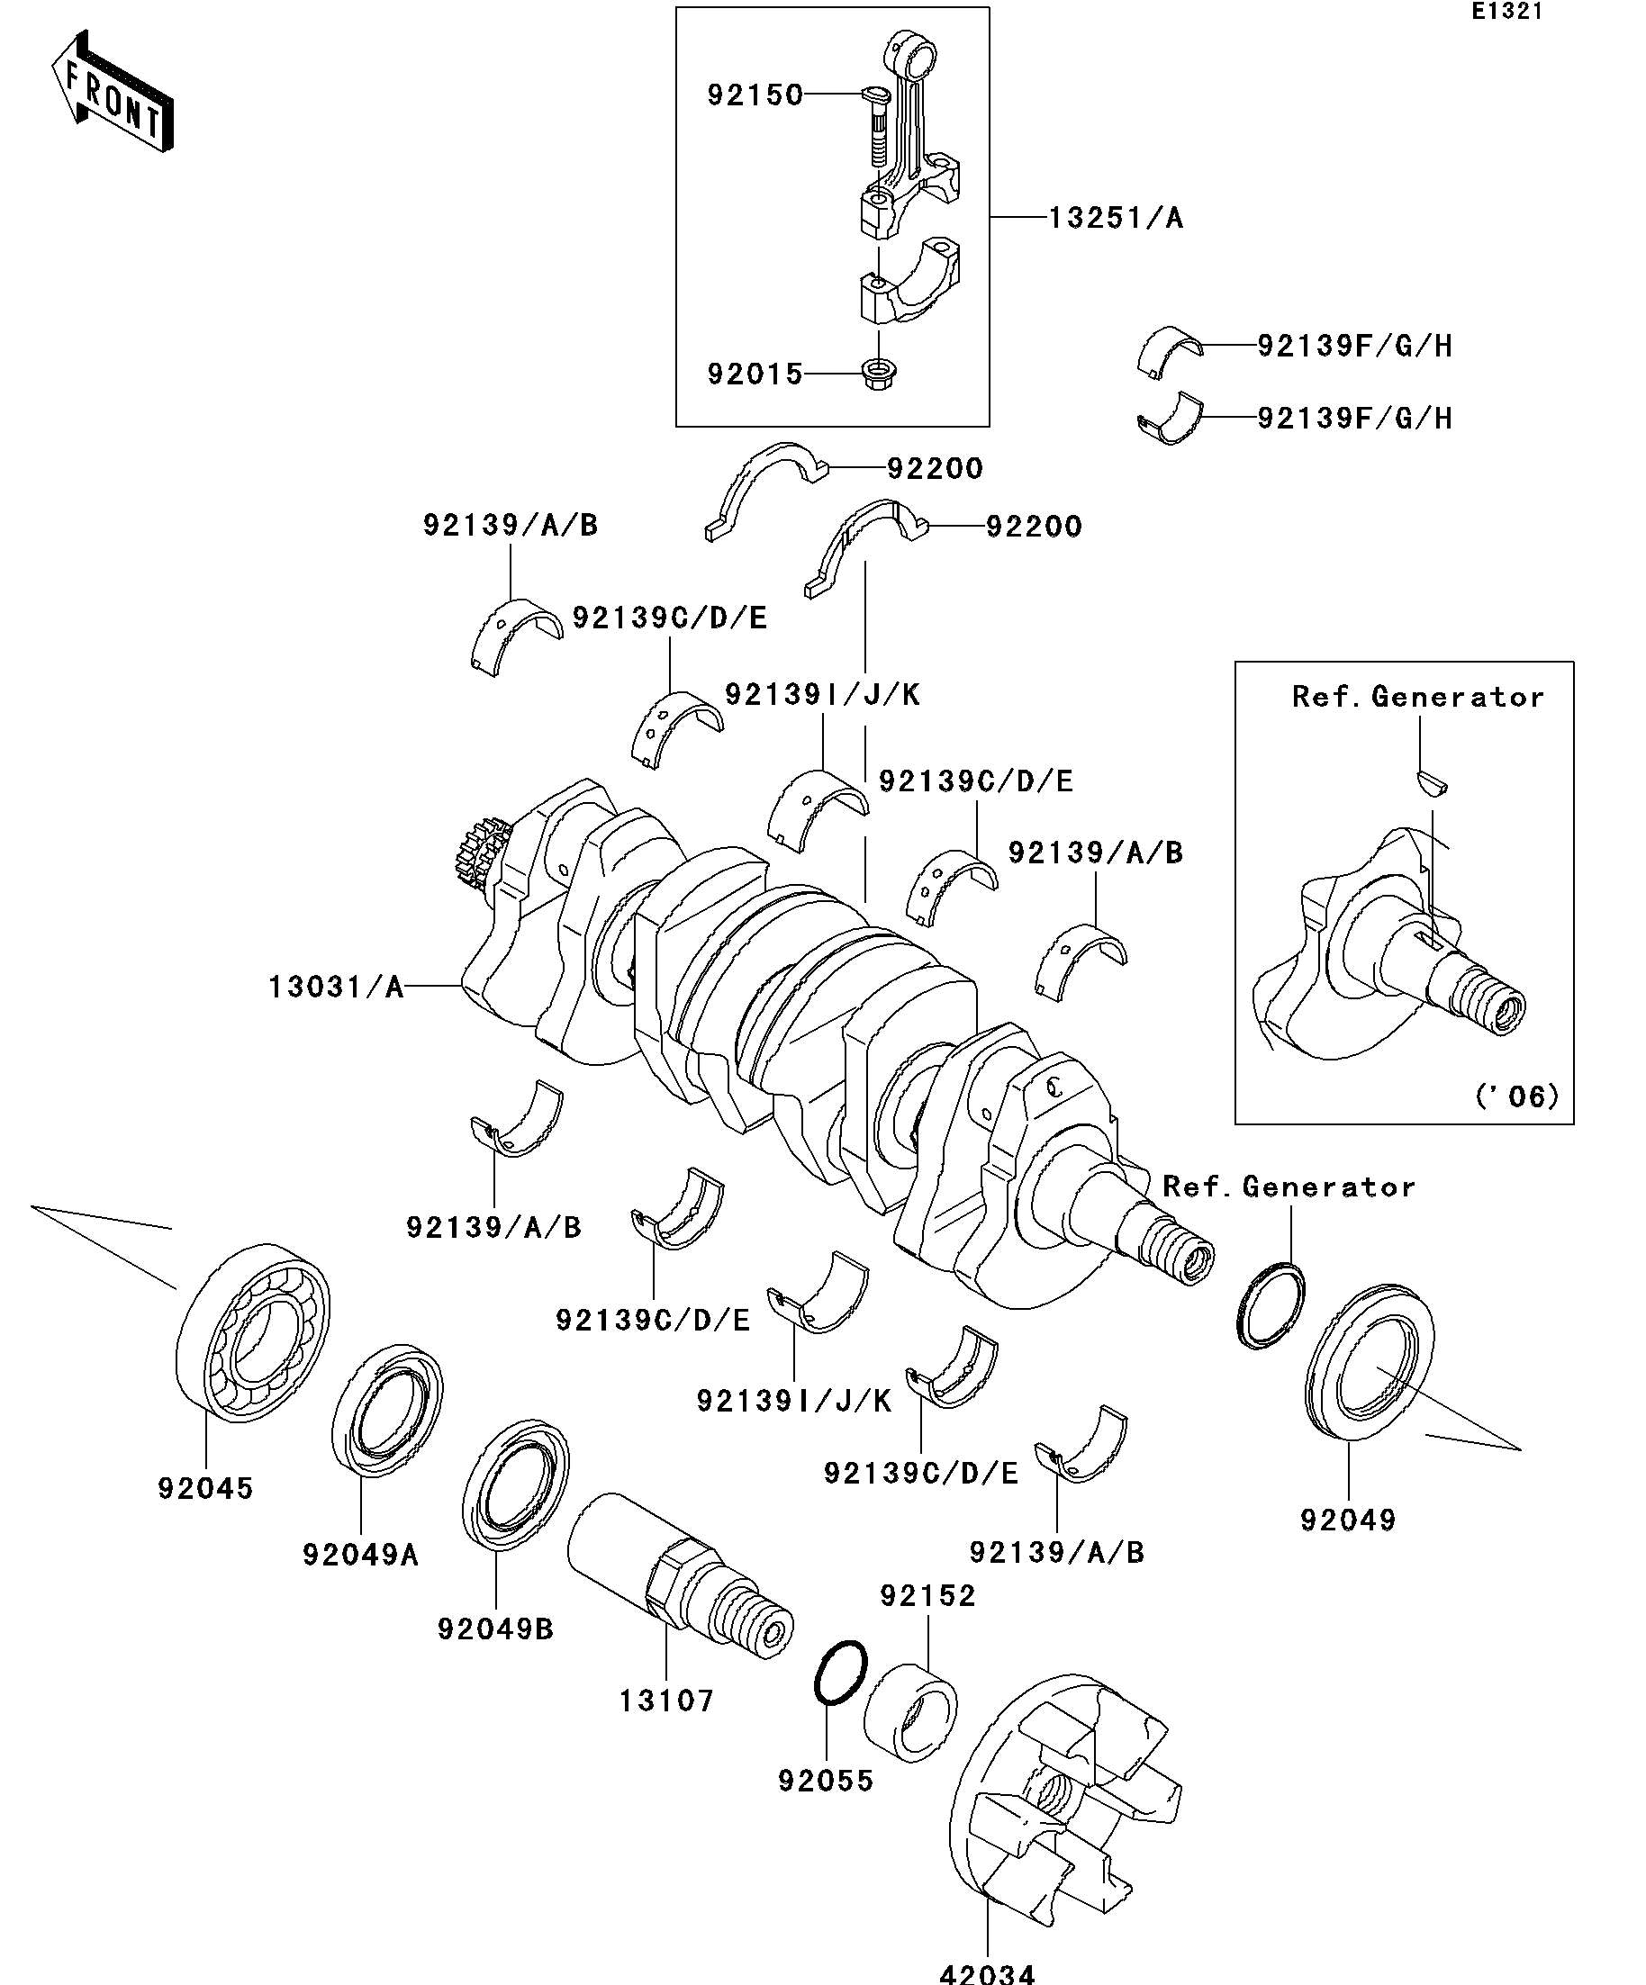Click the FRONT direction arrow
click(x=112, y=92)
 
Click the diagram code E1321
click(x=1507, y=13)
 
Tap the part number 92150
click(x=755, y=95)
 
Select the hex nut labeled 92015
click(x=878, y=374)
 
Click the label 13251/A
click(x=1116, y=219)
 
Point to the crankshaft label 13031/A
click(x=337, y=987)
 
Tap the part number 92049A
click(x=360, y=1554)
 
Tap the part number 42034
click(x=987, y=1973)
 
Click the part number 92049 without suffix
click(x=1348, y=1520)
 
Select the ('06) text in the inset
click(x=1516, y=1096)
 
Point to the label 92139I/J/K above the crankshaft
click(x=822, y=695)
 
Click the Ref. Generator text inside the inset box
click(x=1418, y=697)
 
